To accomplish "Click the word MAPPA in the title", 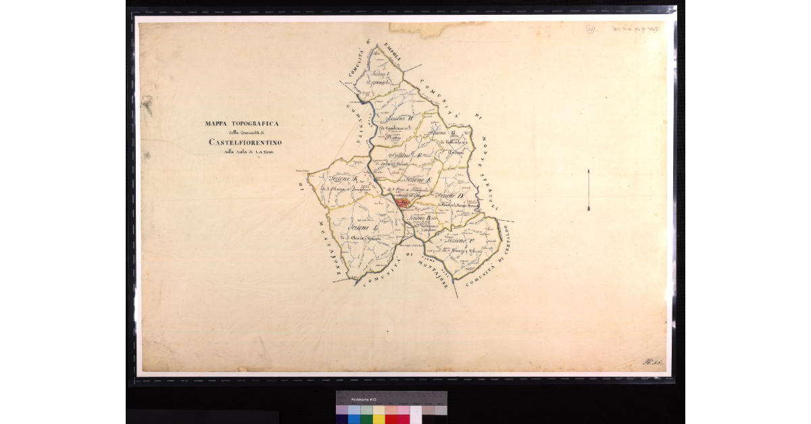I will point(217,124).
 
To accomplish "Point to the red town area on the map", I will point(403,201).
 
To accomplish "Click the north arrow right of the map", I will point(589,190).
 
